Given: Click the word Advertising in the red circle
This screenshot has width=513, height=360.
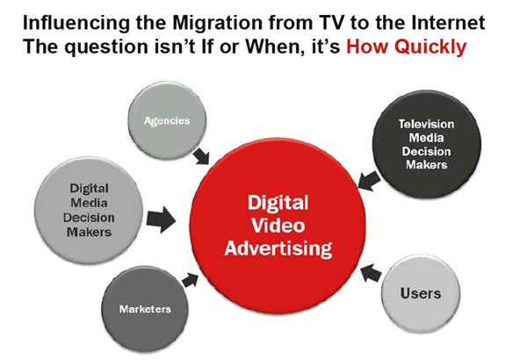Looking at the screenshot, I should (x=278, y=250).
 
